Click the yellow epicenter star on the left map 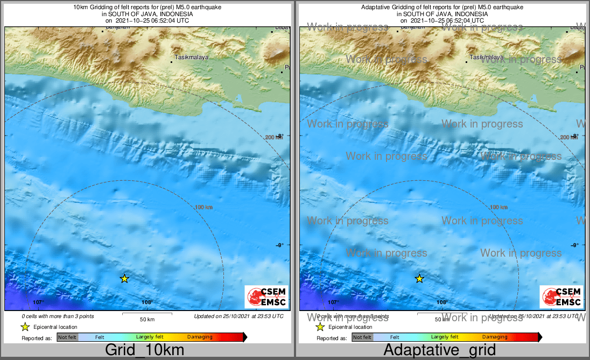124,278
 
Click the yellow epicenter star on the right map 419,278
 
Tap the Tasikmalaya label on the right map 487,57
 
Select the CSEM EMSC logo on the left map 266,297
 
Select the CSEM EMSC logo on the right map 561,297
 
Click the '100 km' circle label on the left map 204,207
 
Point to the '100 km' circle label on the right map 499,207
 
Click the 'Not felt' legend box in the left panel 67,337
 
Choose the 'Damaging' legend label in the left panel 200,337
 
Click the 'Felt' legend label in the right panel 395,337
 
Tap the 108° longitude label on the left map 147,302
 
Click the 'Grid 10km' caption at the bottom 144,350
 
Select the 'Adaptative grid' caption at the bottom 439,350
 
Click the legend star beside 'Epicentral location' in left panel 25,327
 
